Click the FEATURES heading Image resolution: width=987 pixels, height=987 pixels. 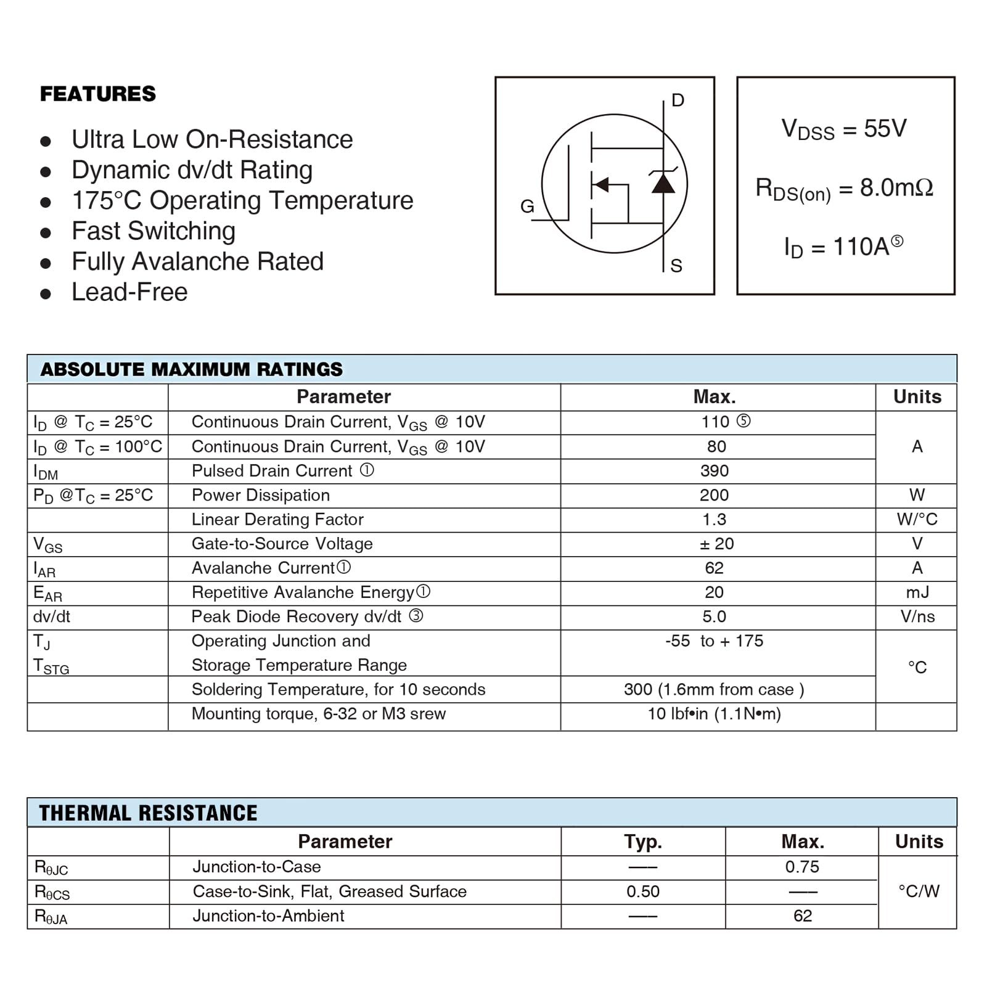pos(98,94)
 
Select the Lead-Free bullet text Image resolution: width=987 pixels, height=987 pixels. pos(129,292)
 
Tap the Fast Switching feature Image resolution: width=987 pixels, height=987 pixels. pos(154,231)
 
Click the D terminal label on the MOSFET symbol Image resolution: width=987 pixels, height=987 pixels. pos(678,100)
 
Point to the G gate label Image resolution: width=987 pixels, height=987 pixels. pos(527,207)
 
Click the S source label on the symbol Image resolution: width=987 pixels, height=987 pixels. pos(676,266)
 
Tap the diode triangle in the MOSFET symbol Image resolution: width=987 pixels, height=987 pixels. pos(663,183)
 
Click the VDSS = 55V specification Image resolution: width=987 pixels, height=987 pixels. pos(844,129)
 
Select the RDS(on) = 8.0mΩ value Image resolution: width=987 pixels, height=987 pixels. pos(844,188)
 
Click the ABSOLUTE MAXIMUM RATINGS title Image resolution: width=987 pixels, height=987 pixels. pos(191,369)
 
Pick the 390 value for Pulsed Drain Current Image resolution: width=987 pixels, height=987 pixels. pos(715,471)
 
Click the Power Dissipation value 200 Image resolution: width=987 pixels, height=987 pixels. pos(715,495)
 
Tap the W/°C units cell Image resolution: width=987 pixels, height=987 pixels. pos(917,520)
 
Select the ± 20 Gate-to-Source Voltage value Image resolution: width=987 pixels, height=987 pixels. pos(716,544)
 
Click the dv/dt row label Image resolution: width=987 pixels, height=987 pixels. pos(52,616)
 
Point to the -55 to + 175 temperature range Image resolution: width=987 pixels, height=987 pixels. pos(714,641)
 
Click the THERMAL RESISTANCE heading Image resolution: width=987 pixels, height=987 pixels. pos(148,813)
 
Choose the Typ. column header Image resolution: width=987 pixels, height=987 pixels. pos(642,842)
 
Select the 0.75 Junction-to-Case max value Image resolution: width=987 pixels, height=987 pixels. pos(802,867)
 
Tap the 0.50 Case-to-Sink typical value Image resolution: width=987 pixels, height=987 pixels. pos(642,891)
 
